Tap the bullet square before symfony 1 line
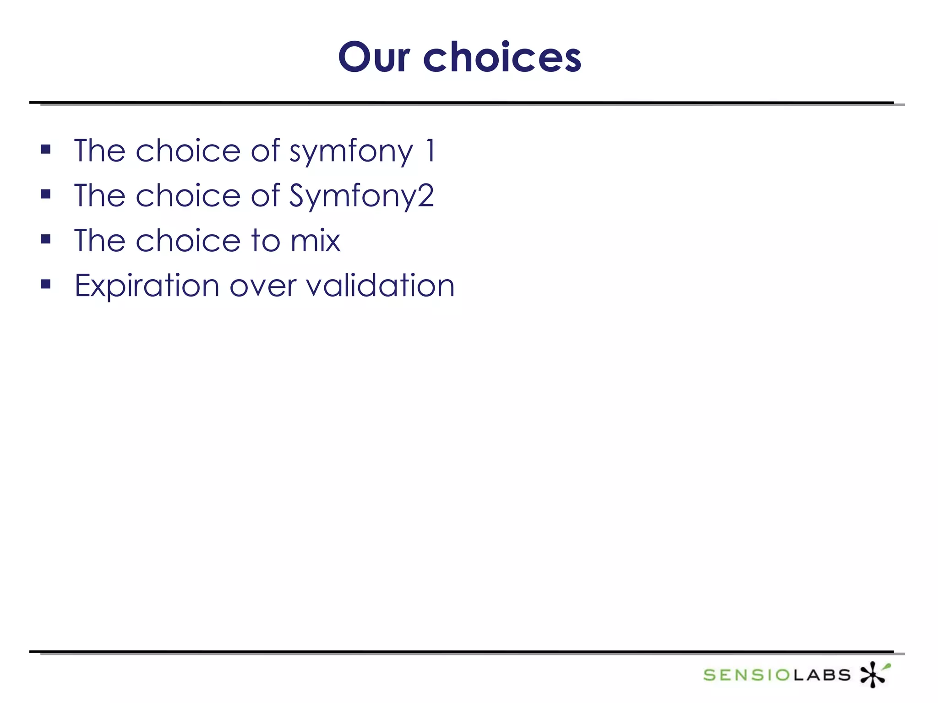(x=46, y=149)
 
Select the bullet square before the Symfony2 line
(x=46, y=194)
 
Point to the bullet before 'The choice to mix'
(x=46, y=239)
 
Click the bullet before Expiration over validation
(x=46, y=284)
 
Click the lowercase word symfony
(x=351, y=152)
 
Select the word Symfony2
(x=361, y=196)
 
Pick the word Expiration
(x=147, y=286)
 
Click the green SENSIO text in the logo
(x=747, y=675)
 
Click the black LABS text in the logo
(x=822, y=675)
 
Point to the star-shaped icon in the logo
(x=873, y=674)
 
